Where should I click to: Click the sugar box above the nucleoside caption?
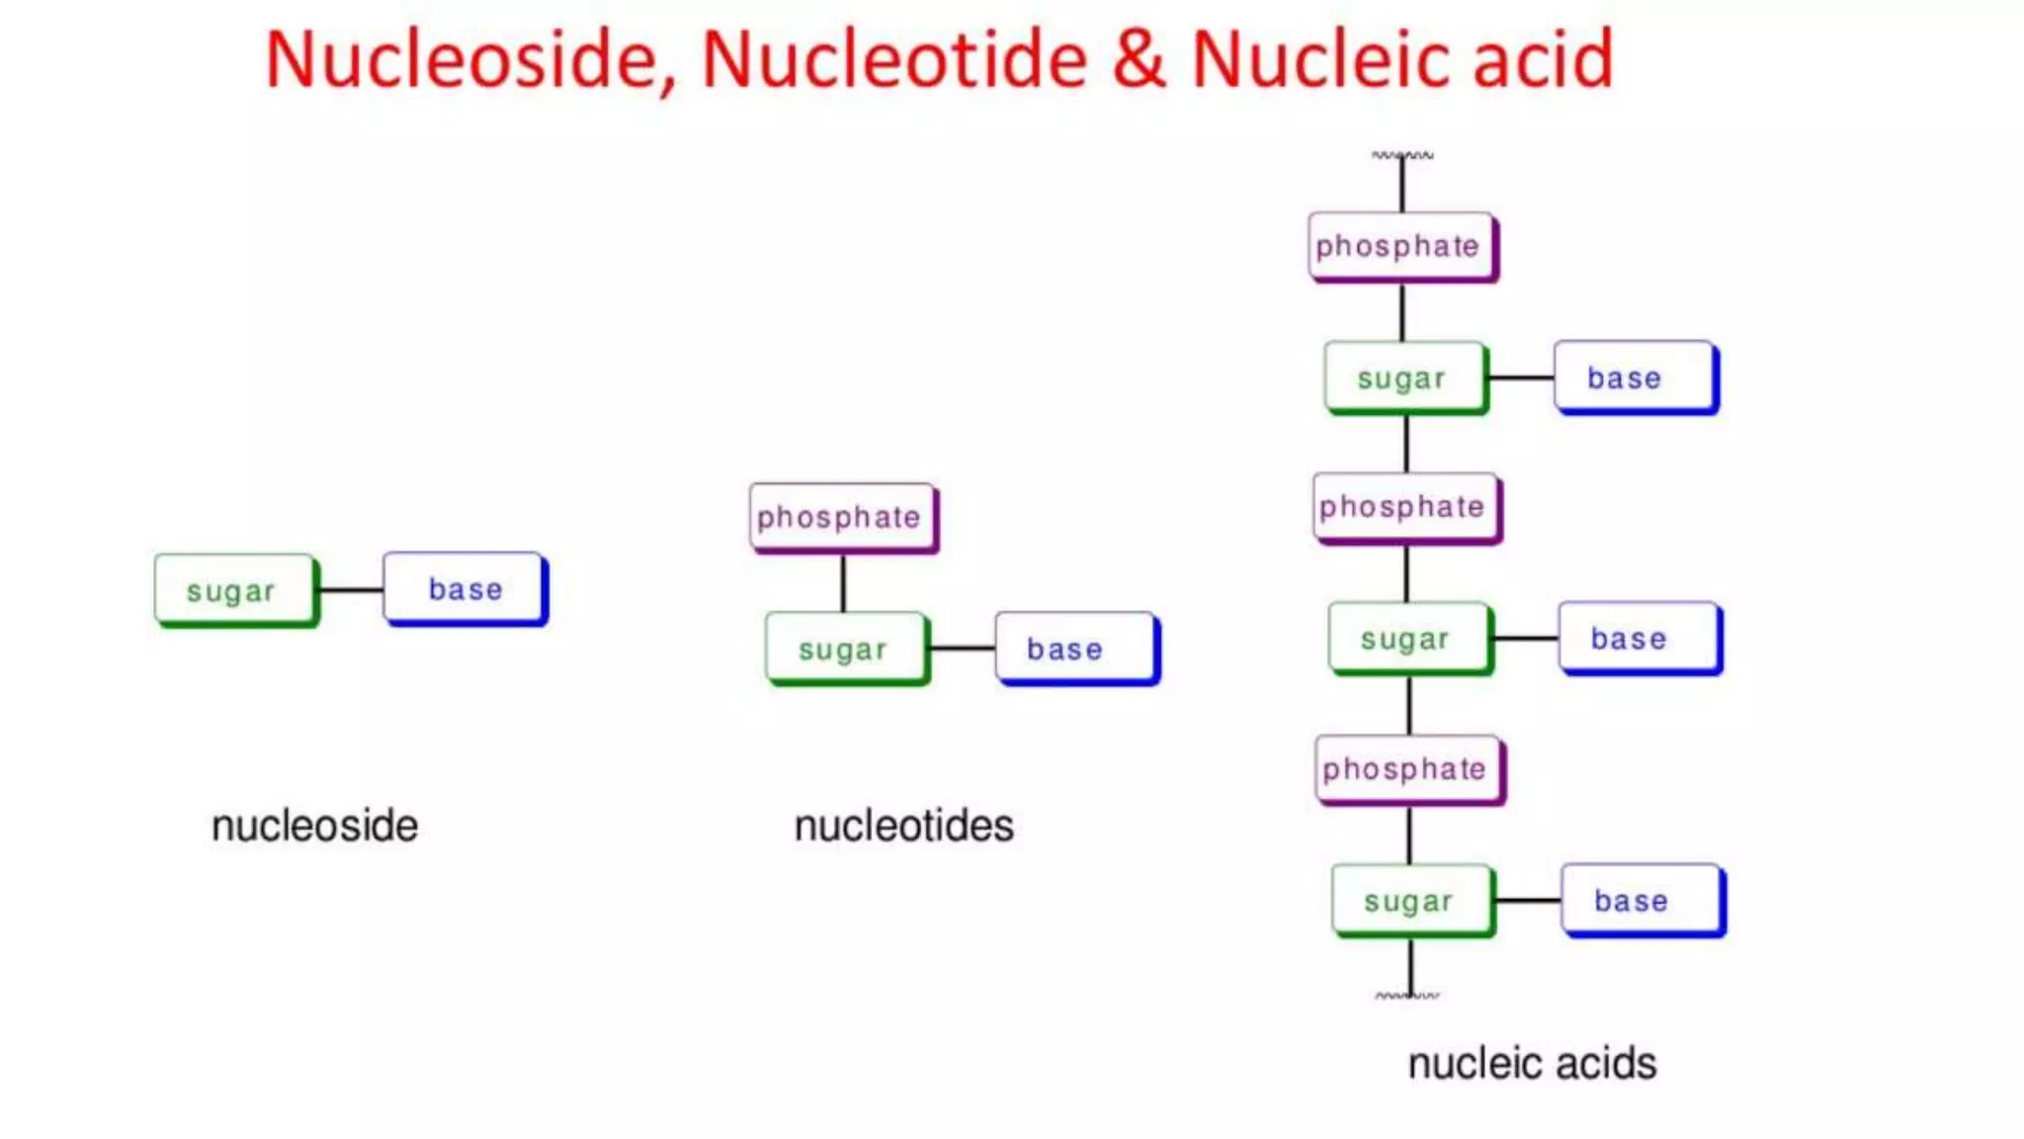pyautogui.click(x=234, y=590)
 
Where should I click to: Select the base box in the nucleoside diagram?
pyautogui.click(x=464, y=588)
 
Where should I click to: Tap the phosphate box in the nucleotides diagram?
pyautogui.click(x=841, y=517)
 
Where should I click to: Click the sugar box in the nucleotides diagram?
pyautogui.click(x=845, y=649)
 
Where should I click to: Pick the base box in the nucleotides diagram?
pyautogui.click(x=1075, y=649)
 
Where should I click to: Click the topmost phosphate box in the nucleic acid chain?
pyautogui.click(x=1400, y=246)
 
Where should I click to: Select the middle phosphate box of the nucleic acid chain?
pyautogui.click(x=1405, y=507)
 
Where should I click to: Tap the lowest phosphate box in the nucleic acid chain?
pyautogui.click(x=1408, y=769)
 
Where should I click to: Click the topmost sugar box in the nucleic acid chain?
pyautogui.click(x=1403, y=378)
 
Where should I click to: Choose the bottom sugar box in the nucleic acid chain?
pyautogui.click(x=1411, y=901)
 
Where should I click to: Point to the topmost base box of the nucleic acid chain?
pyautogui.click(x=1634, y=378)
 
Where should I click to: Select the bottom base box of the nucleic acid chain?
pyautogui.click(x=1641, y=901)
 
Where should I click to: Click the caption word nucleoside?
pyautogui.click(x=314, y=826)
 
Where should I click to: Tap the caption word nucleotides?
pyautogui.click(x=903, y=826)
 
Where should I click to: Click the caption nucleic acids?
pyautogui.click(x=1532, y=1064)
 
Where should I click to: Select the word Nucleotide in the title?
pyautogui.click(x=894, y=59)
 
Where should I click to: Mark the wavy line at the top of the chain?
pyautogui.click(x=1402, y=155)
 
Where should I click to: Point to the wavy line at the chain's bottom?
pyautogui.click(x=1407, y=996)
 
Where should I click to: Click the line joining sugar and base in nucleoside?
pyautogui.click(x=351, y=590)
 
